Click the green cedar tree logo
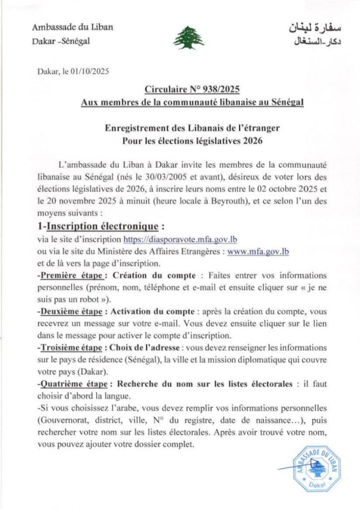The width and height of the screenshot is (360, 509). [x=188, y=37]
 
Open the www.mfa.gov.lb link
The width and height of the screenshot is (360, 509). [x=258, y=252]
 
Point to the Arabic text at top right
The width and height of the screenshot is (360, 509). [x=297, y=34]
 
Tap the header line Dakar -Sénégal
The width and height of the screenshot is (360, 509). [x=64, y=41]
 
